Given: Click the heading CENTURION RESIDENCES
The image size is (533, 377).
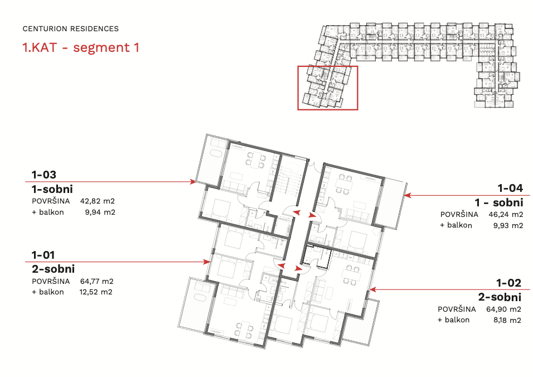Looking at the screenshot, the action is click(x=71, y=29).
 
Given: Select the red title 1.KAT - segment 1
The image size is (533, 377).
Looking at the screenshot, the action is click(x=81, y=47).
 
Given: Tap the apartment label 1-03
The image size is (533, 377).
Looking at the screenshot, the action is click(x=44, y=175).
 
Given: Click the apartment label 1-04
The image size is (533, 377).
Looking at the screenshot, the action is click(x=510, y=188).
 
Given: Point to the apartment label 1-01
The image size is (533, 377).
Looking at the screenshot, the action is click(x=43, y=255).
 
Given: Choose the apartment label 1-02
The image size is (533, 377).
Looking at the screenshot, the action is click(x=508, y=283).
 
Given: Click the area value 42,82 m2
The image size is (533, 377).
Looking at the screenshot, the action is click(x=98, y=201).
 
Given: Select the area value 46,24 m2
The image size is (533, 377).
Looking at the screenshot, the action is click(x=506, y=215).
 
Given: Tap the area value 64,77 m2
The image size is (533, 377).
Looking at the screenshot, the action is click(x=97, y=282).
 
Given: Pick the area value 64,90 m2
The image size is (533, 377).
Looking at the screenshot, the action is click(x=504, y=310).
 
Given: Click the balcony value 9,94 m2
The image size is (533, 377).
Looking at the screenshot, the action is click(x=100, y=212).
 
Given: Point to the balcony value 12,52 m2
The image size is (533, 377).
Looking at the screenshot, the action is click(x=96, y=292).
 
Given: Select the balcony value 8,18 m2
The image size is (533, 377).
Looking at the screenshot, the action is click(x=507, y=320).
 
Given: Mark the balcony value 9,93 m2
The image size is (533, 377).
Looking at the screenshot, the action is click(x=508, y=225).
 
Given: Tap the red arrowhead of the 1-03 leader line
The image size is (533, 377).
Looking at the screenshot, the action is click(x=193, y=182).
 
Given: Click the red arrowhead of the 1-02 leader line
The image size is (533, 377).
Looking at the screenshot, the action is click(x=373, y=289).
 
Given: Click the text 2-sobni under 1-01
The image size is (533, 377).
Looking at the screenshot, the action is click(x=54, y=269).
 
